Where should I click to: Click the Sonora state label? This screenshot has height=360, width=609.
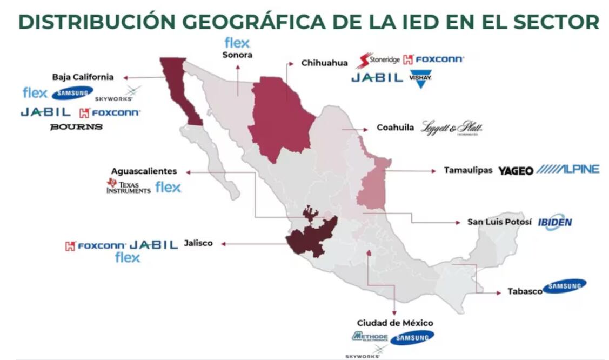[237, 55]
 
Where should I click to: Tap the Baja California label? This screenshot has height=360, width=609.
[83, 77]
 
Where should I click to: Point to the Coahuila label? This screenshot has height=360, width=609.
[395, 129]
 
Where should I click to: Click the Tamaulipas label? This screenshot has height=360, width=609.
[468, 170]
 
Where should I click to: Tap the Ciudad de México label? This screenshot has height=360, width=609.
[394, 323]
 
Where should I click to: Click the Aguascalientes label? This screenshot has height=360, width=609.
[144, 171]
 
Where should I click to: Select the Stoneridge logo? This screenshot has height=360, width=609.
[378, 59]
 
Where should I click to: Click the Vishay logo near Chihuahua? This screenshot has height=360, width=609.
[420, 79]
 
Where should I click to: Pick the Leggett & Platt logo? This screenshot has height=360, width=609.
[452, 128]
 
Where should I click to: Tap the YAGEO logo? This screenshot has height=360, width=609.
[516, 171]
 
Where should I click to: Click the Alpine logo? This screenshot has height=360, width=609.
[567, 170]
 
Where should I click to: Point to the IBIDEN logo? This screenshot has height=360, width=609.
[554, 222]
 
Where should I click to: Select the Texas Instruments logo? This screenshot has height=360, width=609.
[128, 186]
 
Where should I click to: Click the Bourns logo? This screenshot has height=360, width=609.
[76, 127]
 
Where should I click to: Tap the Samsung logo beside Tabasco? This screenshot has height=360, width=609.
[564, 286]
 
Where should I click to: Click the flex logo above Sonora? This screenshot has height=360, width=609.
[237, 43]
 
